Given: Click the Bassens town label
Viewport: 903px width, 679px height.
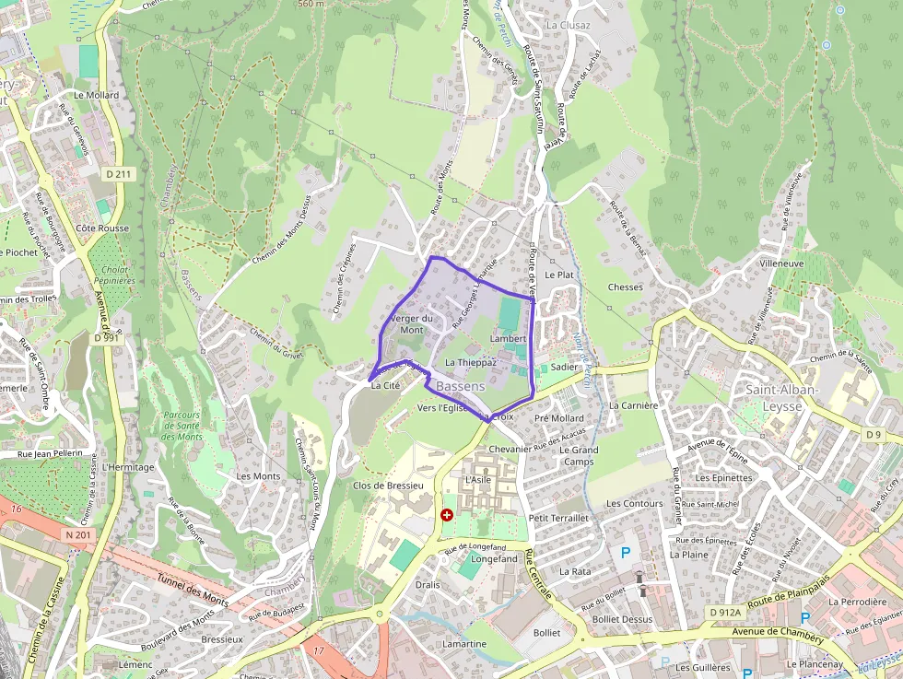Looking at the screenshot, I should coord(461,387).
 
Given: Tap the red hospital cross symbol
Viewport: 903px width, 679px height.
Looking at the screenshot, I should coord(447,515).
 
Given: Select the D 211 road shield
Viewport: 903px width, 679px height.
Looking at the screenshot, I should coord(119,173).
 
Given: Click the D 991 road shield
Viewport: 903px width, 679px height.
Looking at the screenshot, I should coord(107,338).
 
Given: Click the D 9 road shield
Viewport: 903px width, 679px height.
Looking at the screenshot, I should coord(874,434).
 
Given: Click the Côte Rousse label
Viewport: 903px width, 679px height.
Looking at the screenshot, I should coord(102,228).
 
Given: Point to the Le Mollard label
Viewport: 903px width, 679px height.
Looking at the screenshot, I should coord(97,95).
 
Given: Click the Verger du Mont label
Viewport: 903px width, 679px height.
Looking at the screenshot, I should coord(412,323).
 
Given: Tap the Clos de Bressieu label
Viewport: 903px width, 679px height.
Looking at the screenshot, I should coord(388,485).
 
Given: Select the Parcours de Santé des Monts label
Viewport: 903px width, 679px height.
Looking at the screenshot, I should coord(182,426).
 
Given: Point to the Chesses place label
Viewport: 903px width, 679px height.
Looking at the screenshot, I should coord(626,287).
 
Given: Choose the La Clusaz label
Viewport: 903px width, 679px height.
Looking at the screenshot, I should coord(567,25).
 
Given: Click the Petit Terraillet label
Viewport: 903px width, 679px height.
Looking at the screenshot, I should coord(558,518).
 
